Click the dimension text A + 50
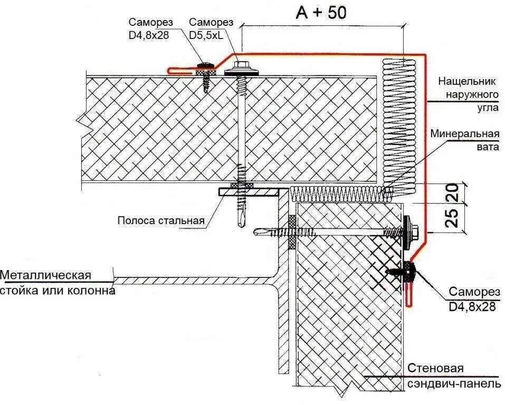[x=321, y=12]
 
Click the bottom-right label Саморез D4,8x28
[x=472, y=298]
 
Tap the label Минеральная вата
[x=464, y=140]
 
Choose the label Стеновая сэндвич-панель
[x=453, y=376]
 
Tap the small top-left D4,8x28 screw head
[x=205, y=65]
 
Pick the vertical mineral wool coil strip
[x=399, y=127]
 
